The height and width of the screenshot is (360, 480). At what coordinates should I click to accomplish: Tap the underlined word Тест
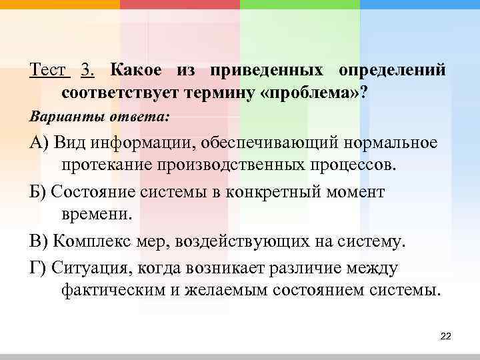click(x=48, y=70)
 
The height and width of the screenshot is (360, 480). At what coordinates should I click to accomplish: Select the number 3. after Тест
click(x=87, y=70)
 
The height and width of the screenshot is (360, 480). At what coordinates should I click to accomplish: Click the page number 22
click(x=446, y=336)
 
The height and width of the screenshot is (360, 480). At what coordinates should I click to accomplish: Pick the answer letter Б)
click(x=39, y=193)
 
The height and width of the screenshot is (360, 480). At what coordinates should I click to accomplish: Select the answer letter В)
click(x=39, y=241)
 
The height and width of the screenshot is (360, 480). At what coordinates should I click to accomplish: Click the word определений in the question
click(x=392, y=70)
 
